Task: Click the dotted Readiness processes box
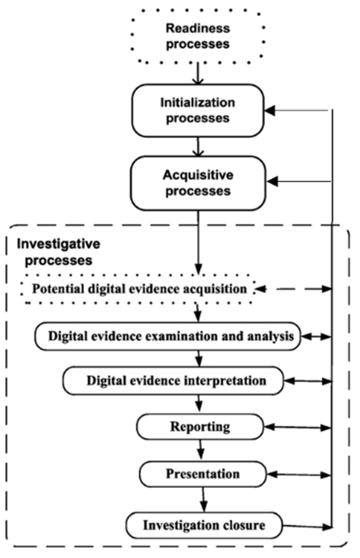click(198, 36)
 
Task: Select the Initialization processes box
click(198, 110)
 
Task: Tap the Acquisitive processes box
click(198, 183)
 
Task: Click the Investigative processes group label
click(58, 252)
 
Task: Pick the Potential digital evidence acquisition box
click(139, 288)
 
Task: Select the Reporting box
click(200, 426)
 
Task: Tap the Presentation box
click(202, 474)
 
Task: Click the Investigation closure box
click(204, 524)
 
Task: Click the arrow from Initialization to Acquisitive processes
click(198, 146)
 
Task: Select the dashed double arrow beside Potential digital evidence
click(294, 288)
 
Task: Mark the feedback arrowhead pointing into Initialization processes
click(270, 110)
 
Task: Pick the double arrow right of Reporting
click(297, 428)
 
